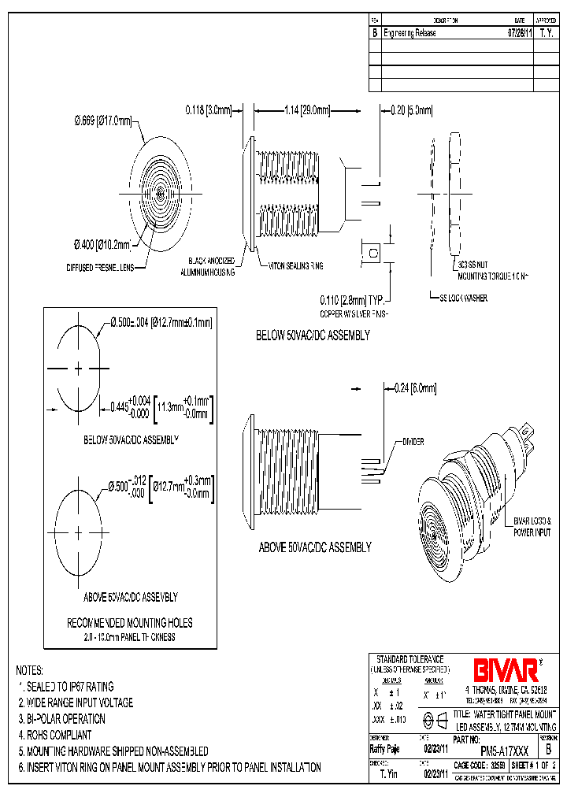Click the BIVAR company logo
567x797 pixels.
(x=506, y=670)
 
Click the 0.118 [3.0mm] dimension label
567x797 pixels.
(x=209, y=111)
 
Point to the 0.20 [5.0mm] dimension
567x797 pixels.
(x=412, y=111)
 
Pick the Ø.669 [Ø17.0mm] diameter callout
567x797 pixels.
(x=102, y=120)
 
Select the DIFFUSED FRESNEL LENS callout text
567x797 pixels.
(x=100, y=268)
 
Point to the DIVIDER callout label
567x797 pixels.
(x=413, y=442)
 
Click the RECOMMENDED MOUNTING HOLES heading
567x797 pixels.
(x=130, y=622)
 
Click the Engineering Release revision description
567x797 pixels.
(x=409, y=34)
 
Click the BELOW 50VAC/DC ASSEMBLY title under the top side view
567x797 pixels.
(x=313, y=335)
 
